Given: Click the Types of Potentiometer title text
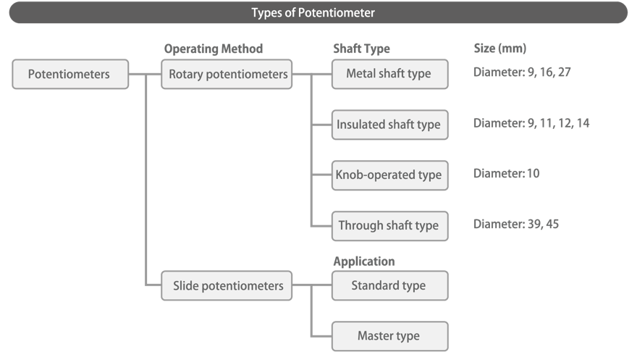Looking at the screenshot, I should [313, 12].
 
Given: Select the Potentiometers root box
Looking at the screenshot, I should [70, 74].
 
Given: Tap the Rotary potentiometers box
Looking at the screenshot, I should [227, 74].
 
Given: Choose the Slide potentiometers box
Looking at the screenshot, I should [227, 285].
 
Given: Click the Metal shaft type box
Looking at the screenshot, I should [389, 74].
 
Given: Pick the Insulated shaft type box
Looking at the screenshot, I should [389, 125].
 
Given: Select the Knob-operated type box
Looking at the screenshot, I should [389, 175].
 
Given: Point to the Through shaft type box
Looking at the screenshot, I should [389, 225].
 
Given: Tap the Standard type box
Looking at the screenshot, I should [389, 285].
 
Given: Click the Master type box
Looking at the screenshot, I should [389, 336].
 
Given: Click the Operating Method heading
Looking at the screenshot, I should [214, 49].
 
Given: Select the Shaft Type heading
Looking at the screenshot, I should [361, 49].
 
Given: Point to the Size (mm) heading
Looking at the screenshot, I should [499, 49].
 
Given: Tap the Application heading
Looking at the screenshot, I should [363, 261].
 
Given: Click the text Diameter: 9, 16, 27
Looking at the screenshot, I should [523, 73].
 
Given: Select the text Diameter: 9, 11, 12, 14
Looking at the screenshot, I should [531, 123].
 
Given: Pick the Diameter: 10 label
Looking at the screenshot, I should [506, 174].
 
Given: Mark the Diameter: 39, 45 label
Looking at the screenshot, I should [516, 225].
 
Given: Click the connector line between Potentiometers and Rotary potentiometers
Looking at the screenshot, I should [145, 74].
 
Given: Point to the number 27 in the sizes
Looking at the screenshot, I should [565, 73].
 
